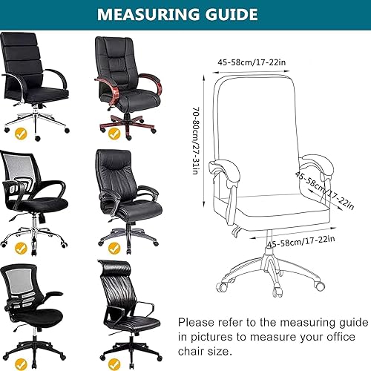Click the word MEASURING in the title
pyautogui.click(x=148, y=14)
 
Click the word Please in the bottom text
pyautogui.click(x=197, y=324)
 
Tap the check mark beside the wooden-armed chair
pyautogui.click(x=114, y=134)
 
